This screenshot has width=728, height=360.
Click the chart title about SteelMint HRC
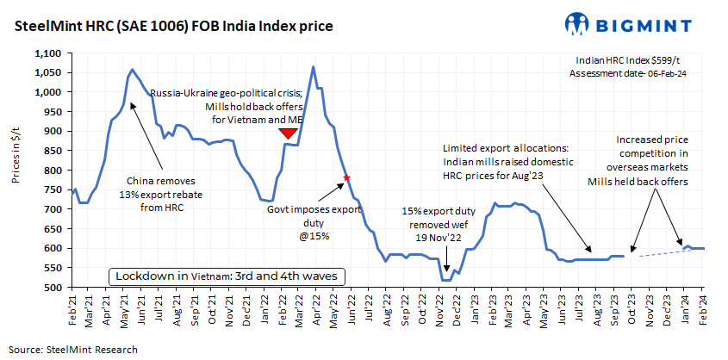point(173,27)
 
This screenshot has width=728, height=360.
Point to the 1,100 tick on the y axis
point(51,53)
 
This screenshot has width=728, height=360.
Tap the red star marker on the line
point(346,177)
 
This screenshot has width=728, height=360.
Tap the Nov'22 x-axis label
point(440,308)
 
